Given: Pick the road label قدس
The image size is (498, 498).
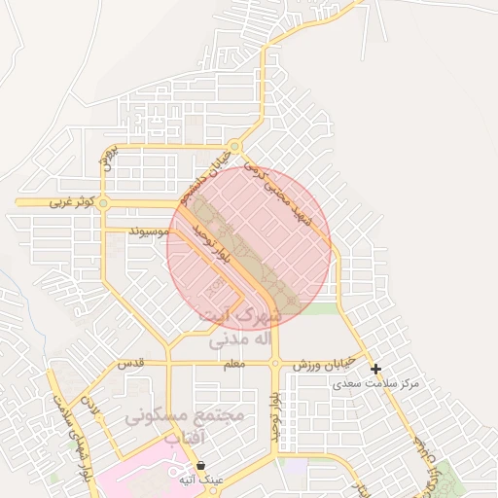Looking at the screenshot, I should [x=130, y=363].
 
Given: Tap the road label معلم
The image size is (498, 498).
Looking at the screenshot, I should [x=233, y=364].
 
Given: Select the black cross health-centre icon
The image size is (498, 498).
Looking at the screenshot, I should [x=375, y=369].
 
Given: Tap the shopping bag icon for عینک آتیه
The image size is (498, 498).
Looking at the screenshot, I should [x=200, y=466].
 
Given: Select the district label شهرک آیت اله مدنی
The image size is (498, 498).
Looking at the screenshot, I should [x=239, y=328].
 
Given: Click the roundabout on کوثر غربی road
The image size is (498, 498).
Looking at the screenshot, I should [x=104, y=202].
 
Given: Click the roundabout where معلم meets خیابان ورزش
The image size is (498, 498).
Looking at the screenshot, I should [x=276, y=364].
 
